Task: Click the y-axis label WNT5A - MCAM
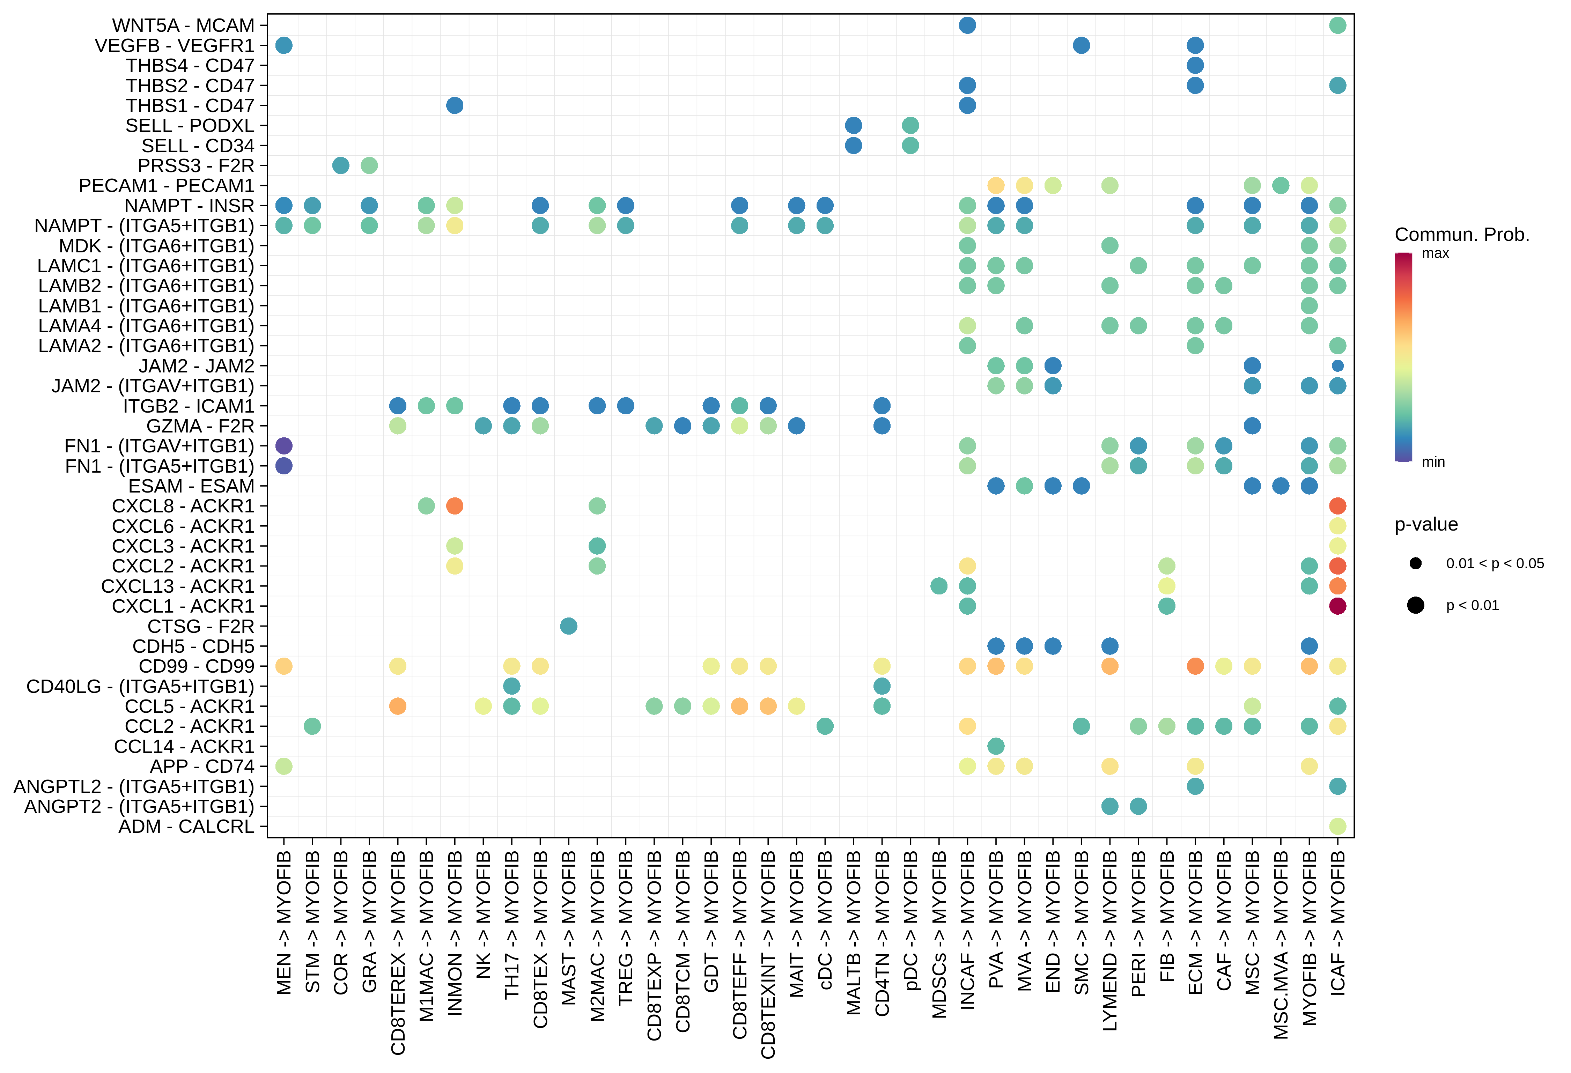pyautogui.click(x=183, y=26)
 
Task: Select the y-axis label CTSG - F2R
pyautogui.click(x=201, y=626)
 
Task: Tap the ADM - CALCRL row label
pyautogui.click(x=186, y=826)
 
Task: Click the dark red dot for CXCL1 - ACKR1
pyautogui.click(x=1337, y=606)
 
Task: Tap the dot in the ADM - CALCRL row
pyautogui.click(x=1337, y=826)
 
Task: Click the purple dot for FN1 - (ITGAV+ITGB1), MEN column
pyautogui.click(x=284, y=446)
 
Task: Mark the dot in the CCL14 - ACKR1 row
pyautogui.click(x=996, y=746)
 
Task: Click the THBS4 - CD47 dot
pyautogui.click(x=1195, y=66)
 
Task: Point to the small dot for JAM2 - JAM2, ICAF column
pyautogui.click(x=1337, y=365)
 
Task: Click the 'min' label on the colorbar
pyautogui.click(x=1433, y=462)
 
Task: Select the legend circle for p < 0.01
pyautogui.click(x=1416, y=605)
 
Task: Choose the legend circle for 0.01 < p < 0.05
pyautogui.click(x=1416, y=563)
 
